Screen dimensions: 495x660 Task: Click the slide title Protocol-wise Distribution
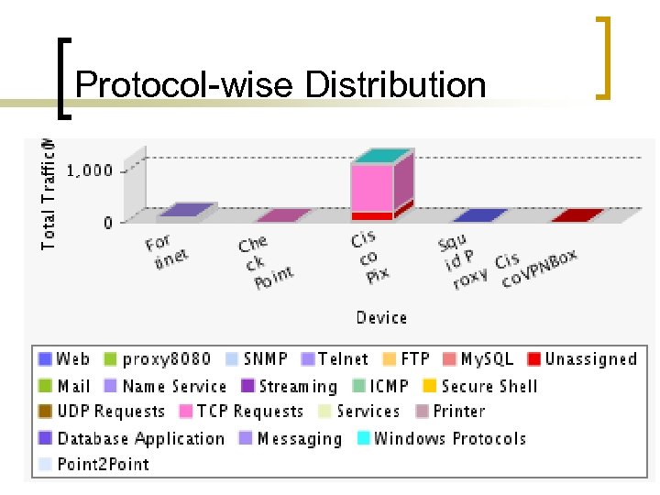tap(280, 85)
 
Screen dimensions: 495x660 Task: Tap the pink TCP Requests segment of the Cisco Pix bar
tap(372, 188)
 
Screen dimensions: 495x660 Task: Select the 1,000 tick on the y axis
tap(90, 170)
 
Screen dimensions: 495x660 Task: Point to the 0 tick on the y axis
tap(107, 222)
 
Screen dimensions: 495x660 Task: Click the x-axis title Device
tap(381, 317)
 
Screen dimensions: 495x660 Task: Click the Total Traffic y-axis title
tap(48, 192)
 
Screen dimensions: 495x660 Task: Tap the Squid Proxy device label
tap(462, 260)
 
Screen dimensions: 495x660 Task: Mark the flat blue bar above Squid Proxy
tap(479, 215)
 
